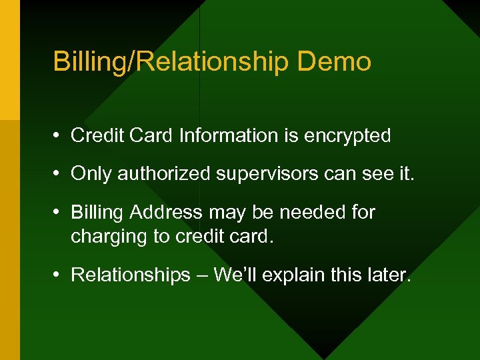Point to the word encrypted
(347, 136)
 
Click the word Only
(91, 174)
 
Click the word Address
(166, 213)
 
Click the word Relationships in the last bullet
(130, 275)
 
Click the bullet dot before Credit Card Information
(59, 136)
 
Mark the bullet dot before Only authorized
(59, 175)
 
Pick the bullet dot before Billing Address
(59, 213)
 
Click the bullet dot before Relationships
(59, 275)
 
